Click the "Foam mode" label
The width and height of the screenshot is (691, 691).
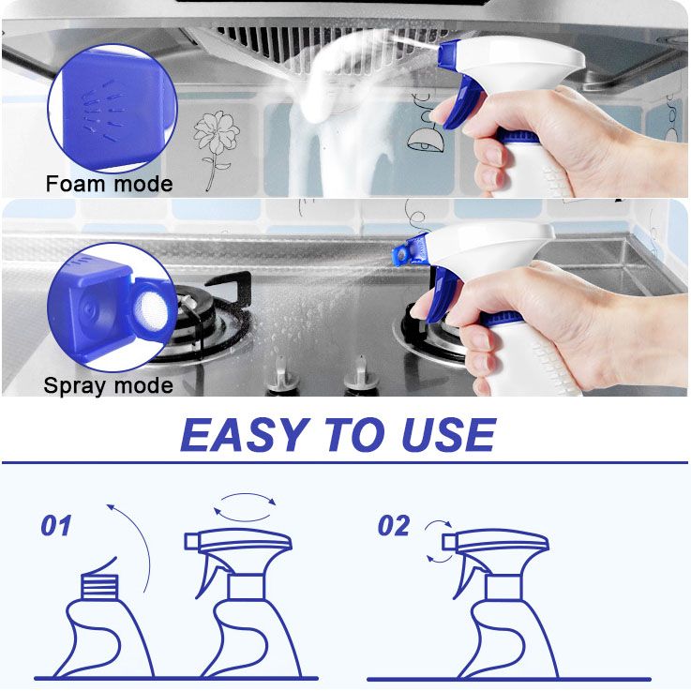(109, 184)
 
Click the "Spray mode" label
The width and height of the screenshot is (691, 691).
(108, 385)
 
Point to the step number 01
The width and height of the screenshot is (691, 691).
(56, 526)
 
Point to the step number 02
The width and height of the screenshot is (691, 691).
(394, 526)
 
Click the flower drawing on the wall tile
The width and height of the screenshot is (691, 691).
(215, 141)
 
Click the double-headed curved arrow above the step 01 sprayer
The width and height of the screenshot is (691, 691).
(246, 504)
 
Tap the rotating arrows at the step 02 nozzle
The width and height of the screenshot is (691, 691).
(436, 542)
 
